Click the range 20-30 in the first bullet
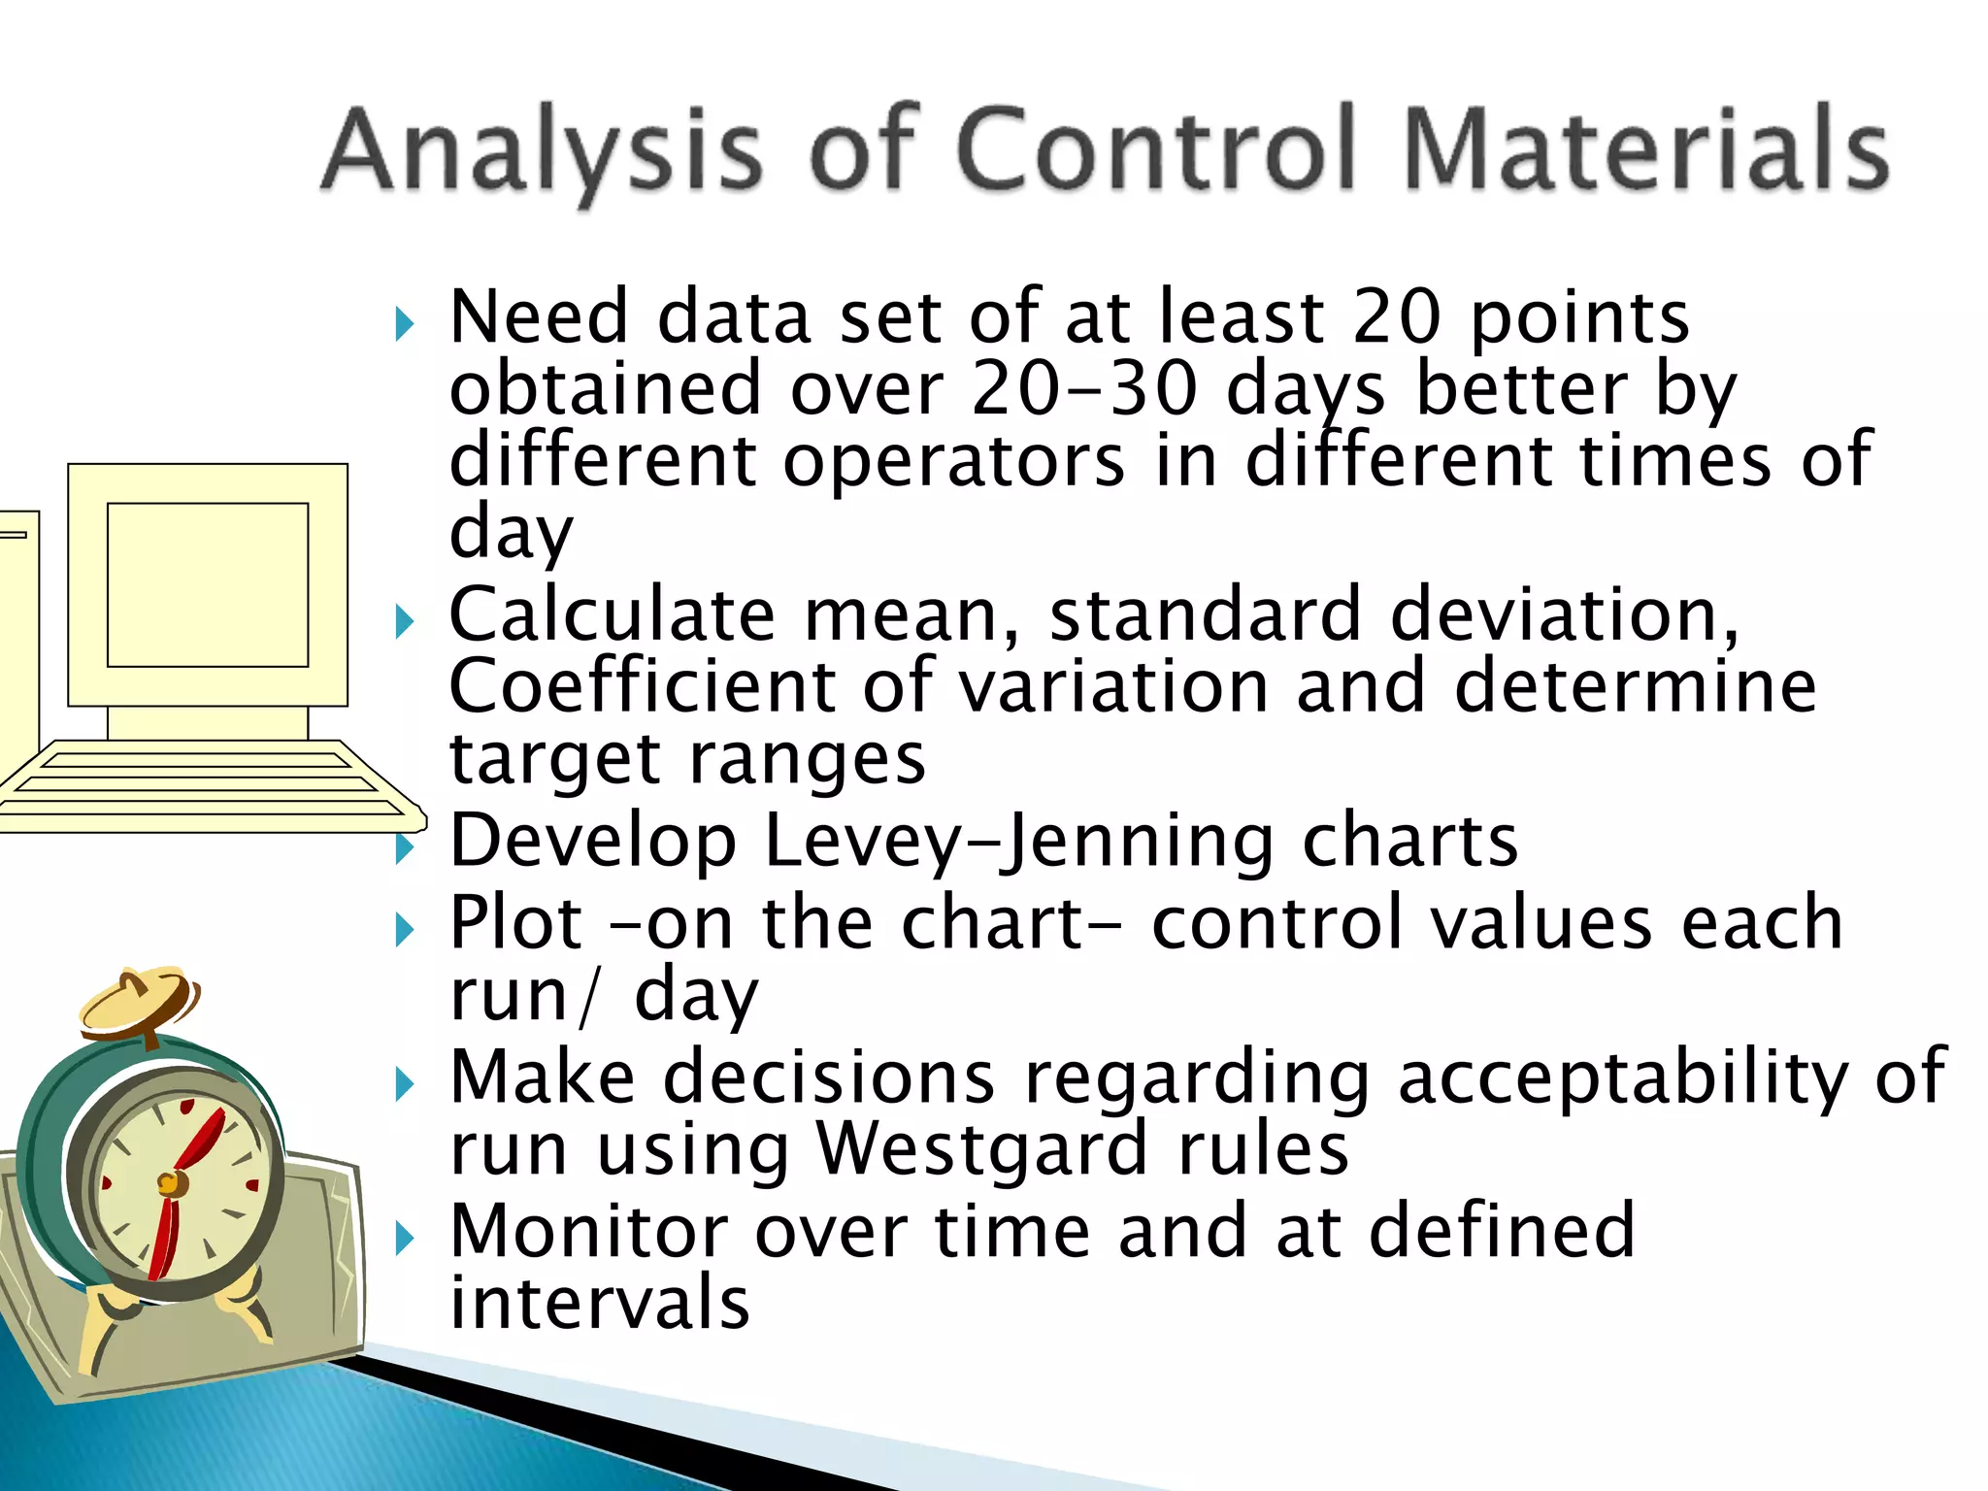pos(1084,389)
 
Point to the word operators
pos(954,461)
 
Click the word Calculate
pos(612,615)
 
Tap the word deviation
pos(1563,615)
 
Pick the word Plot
pos(516,923)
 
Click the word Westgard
pos(982,1149)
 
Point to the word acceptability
pos(1622,1077)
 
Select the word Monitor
pos(588,1231)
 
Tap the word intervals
pos(600,1303)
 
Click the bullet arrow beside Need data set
pos(405,324)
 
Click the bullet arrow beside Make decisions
pos(405,1084)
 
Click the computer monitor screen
pos(207,584)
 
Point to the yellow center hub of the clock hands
pos(169,1183)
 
